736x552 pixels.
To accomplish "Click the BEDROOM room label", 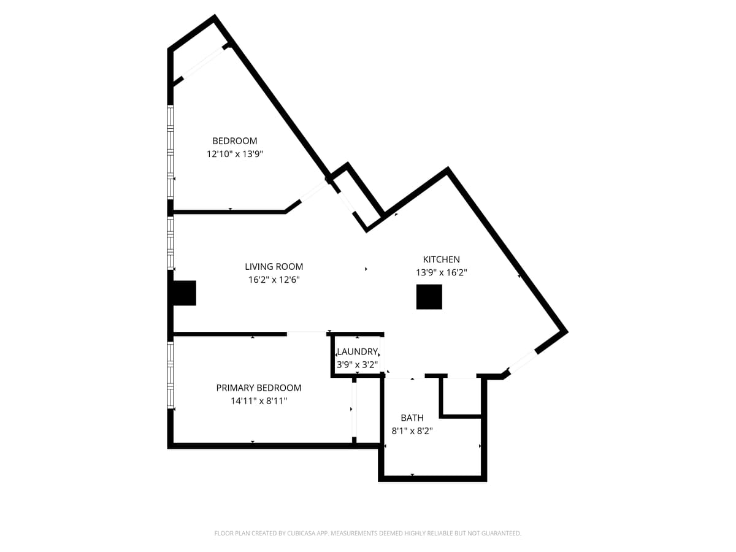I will coord(234,141).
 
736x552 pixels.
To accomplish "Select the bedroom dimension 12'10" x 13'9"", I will coord(234,155).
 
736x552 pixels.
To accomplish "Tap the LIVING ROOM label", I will coord(274,267).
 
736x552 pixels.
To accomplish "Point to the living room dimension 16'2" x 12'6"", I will coord(274,280).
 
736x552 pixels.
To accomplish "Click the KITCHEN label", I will coord(441,259).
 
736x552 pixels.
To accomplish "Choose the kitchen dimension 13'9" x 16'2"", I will coord(441,273).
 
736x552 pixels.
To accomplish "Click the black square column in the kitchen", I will coord(429,297).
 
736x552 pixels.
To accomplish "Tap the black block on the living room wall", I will coord(183,293).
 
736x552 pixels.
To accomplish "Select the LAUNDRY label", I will coord(357,351).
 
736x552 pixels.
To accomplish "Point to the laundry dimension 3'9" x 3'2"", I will coord(357,364).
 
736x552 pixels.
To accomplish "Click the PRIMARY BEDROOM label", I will coord(258,388).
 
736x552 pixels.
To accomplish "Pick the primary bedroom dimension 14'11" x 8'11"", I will coord(258,401).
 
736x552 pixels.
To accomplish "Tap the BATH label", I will coord(412,418).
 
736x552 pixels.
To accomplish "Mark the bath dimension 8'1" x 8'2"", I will coord(412,431).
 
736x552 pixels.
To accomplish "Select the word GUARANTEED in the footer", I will coord(498,534).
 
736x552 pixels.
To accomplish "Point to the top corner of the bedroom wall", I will coord(214,18).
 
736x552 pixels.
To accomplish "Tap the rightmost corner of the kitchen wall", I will coord(565,332).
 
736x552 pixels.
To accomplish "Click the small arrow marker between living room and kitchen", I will coord(366,269).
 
